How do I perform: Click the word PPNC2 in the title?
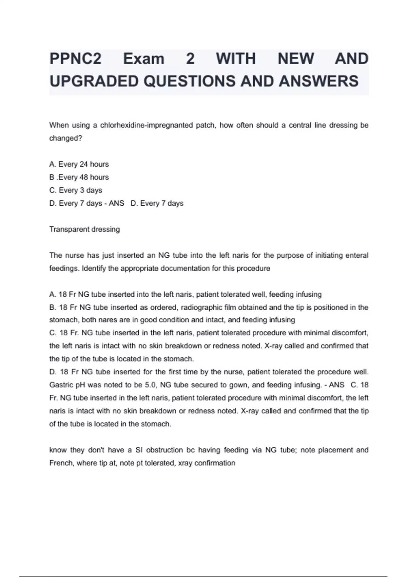[x=75, y=59]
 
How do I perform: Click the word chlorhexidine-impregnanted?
[x=147, y=125]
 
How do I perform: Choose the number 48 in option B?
[x=84, y=177]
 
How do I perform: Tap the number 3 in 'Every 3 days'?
[x=82, y=190]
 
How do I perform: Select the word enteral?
[x=356, y=256]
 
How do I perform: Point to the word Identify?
[x=94, y=268]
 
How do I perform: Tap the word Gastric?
[x=61, y=385]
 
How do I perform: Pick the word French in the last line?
[x=61, y=463]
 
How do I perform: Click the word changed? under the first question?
[x=65, y=138]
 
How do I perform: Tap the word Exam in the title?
[x=143, y=59]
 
